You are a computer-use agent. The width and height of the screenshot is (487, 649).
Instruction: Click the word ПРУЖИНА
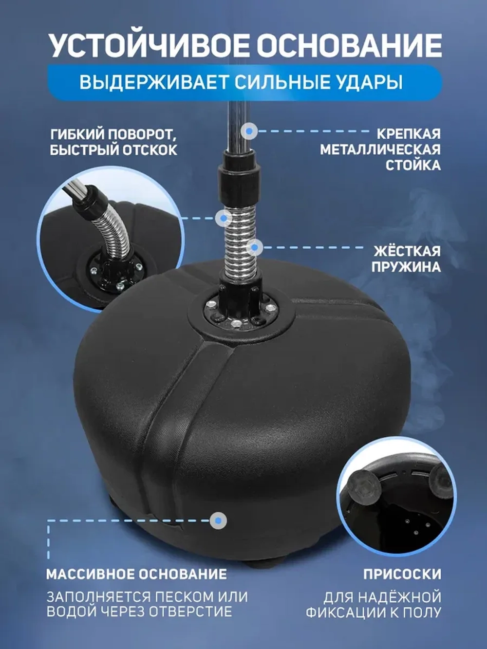tap(406, 267)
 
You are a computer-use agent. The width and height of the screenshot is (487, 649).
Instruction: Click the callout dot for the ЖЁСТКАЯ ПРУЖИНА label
tap(254, 247)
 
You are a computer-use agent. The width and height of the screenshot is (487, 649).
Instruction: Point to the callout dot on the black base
tap(218, 521)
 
